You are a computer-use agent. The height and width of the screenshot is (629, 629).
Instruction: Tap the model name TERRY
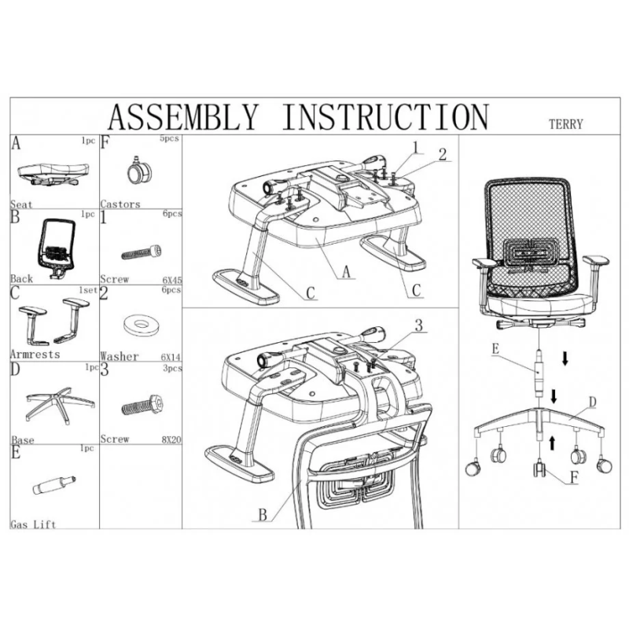click(x=565, y=124)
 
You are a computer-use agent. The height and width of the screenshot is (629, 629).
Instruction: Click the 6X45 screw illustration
click(x=142, y=252)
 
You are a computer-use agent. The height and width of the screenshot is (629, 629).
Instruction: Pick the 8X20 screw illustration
click(x=142, y=407)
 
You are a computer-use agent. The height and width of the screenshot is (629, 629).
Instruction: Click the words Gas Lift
click(x=33, y=524)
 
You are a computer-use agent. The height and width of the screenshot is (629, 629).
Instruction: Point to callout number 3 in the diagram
click(x=419, y=325)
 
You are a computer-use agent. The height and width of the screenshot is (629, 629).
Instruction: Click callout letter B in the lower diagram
click(x=263, y=516)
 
